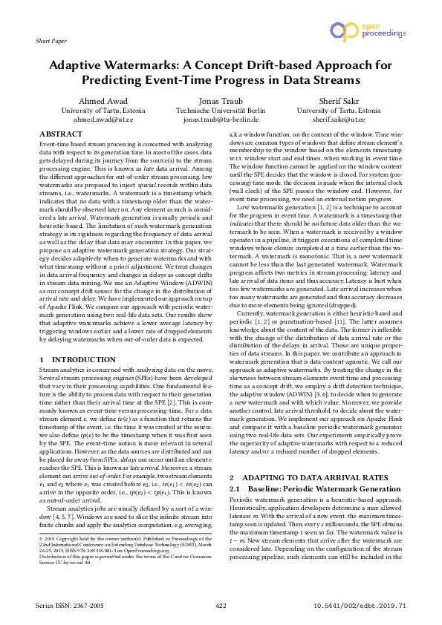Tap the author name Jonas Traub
point(220,101)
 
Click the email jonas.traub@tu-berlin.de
point(220,119)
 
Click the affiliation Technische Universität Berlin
point(220,110)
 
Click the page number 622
point(221,606)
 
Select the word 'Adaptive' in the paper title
point(85,65)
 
